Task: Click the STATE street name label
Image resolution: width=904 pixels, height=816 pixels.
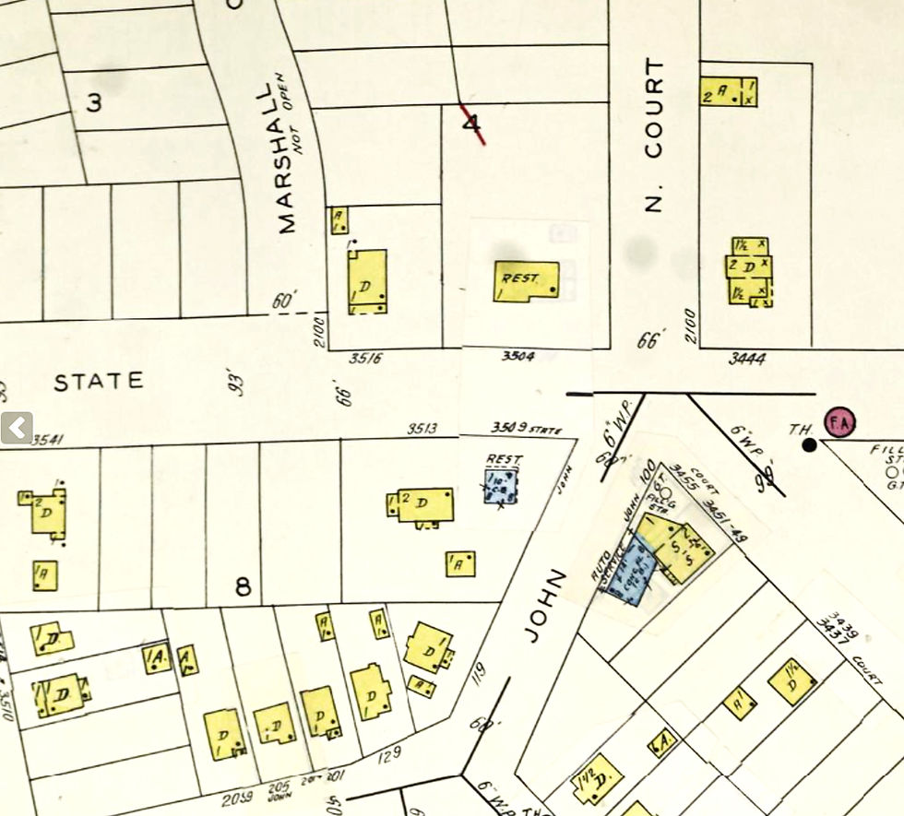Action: click(x=98, y=381)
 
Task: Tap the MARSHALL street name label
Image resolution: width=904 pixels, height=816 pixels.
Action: click(x=285, y=158)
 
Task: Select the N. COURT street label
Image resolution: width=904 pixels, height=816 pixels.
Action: click(x=654, y=136)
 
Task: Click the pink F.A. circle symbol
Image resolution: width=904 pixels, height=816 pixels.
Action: click(x=839, y=421)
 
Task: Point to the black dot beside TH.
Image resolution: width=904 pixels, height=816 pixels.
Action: click(x=809, y=445)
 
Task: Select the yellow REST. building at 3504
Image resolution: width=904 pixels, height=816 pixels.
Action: click(x=527, y=280)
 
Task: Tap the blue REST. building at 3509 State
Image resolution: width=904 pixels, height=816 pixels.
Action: click(x=501, y=485)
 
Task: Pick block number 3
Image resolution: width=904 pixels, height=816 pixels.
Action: click(x=94, y=102)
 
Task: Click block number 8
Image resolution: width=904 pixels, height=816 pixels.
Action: click(x=243, y=586)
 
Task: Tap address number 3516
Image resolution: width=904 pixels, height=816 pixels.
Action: click(x=366, y=358)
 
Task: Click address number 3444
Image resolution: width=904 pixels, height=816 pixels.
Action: click(x=746, y=358)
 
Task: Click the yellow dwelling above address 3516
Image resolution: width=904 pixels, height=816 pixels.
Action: click(x=366, y=280)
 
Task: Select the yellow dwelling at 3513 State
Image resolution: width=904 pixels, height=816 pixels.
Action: click(x=425, y=504)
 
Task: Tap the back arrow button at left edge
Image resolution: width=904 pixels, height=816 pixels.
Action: click(x=16, y=428)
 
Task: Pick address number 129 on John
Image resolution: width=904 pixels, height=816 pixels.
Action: click(x=389, y=753)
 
